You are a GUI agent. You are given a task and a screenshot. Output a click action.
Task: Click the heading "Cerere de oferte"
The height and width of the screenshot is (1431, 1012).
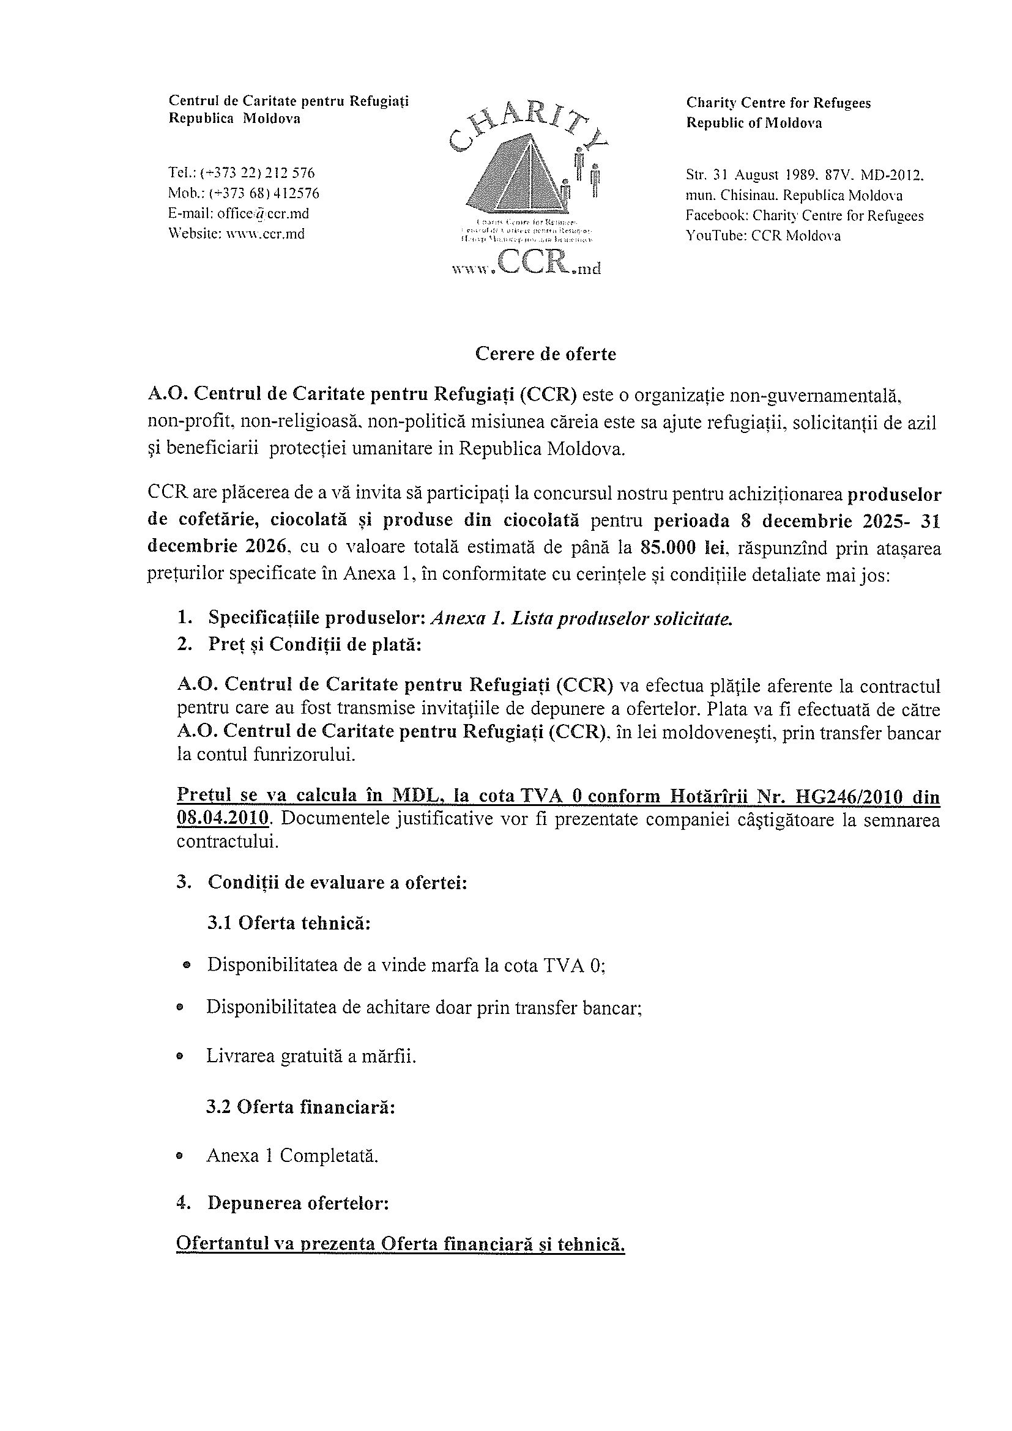tap(545, 354)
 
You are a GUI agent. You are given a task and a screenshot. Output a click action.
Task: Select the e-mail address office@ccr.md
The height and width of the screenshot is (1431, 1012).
tap(262, 214)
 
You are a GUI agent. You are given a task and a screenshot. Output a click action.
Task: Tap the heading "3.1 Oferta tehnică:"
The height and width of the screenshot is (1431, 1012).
tap(289, 922)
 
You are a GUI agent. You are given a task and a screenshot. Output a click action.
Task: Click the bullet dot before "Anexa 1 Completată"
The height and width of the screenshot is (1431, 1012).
tap(180, 1157)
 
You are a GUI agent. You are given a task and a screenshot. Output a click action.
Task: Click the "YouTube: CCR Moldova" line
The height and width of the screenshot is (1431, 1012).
tap(762, 235)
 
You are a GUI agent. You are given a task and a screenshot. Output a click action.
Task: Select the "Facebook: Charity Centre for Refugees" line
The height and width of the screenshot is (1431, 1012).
tap(805, 216)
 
